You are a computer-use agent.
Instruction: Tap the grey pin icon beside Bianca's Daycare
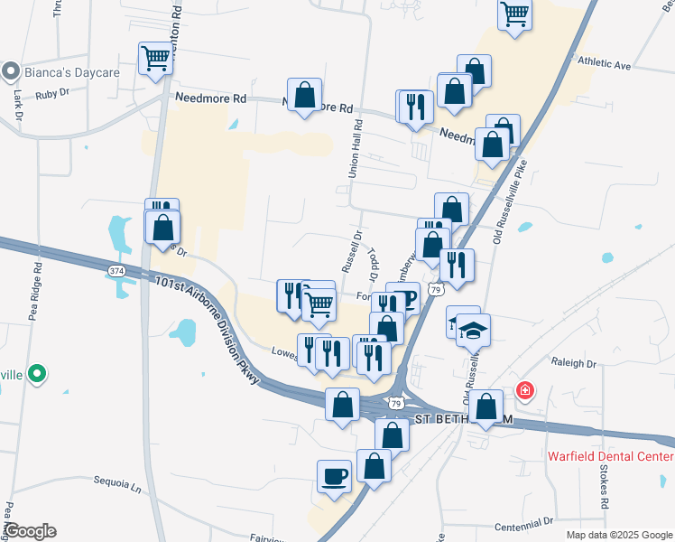pos(11,70)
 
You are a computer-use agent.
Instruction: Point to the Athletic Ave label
pos(604,65)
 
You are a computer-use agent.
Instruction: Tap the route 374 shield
pos(116,271)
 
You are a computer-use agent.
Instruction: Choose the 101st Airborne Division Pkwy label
pos(206,329)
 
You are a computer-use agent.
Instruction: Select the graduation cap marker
pos(472,330)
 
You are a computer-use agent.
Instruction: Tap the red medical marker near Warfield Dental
pos(524,391)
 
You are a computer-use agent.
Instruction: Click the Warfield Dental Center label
pos(610,455)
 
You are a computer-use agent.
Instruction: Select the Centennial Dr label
pos(523,522)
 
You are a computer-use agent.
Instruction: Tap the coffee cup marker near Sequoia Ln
pos(334,476)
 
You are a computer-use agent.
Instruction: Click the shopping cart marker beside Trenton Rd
pos(155,59)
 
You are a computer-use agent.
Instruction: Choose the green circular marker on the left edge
pos(36,372)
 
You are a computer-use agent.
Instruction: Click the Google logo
pos(29,531)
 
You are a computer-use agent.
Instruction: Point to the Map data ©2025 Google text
pos(618,535)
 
